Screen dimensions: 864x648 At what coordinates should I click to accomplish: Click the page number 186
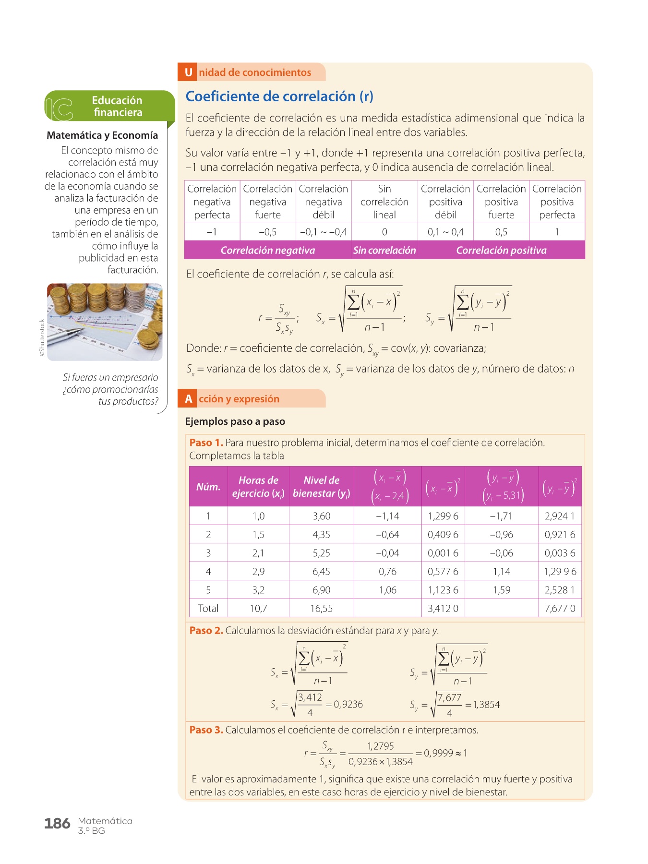[57, 824]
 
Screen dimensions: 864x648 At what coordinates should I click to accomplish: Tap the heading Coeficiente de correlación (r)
[279, 96]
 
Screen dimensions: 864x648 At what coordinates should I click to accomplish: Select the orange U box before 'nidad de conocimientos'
[188, 72]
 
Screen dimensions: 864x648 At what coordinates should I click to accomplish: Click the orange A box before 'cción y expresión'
[188, 399]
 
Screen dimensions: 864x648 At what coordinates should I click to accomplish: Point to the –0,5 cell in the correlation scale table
[268, 232]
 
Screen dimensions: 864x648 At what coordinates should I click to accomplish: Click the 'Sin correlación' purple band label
[384, 250]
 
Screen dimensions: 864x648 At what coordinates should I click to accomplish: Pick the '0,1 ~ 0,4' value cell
[445, 232]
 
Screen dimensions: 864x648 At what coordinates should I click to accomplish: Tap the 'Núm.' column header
[208, 487]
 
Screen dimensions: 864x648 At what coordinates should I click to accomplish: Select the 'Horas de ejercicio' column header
[258, 487]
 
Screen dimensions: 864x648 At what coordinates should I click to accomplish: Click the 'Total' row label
[208, 608]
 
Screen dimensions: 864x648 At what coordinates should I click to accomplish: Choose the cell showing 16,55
[321, 608]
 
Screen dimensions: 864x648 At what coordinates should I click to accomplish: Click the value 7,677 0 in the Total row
[560, 608]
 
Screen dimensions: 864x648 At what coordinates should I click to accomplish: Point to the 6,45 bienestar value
[321, 571]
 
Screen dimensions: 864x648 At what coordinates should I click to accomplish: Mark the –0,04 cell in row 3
[387, 553]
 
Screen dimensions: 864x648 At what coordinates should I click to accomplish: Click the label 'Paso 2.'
[206, 631]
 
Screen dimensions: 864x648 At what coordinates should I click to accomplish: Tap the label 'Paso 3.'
[206, 730]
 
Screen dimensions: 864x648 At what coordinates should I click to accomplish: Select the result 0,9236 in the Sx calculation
[348, 704]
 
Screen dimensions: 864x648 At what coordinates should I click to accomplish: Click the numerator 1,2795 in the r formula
[380, 746]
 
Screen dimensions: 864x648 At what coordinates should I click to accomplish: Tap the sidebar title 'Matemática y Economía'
[102, 135]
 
